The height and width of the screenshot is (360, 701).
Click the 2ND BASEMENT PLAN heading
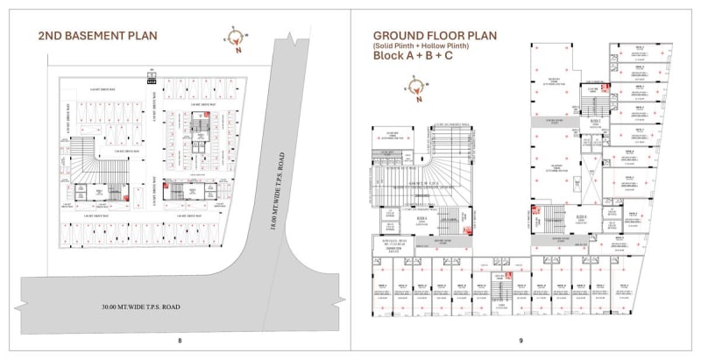[x=98, y=36]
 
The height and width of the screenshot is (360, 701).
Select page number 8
[x=180, y=341]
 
